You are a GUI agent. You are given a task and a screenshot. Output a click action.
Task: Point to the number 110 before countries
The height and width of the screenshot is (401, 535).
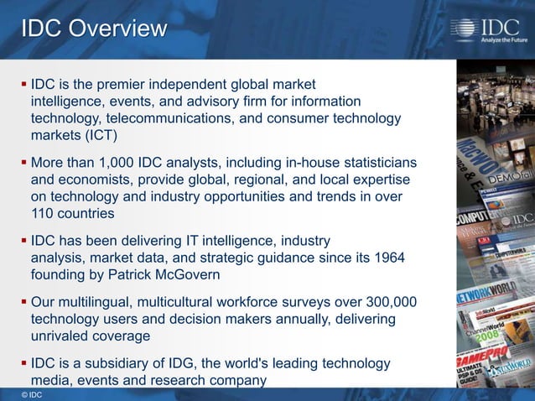(44, 213)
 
